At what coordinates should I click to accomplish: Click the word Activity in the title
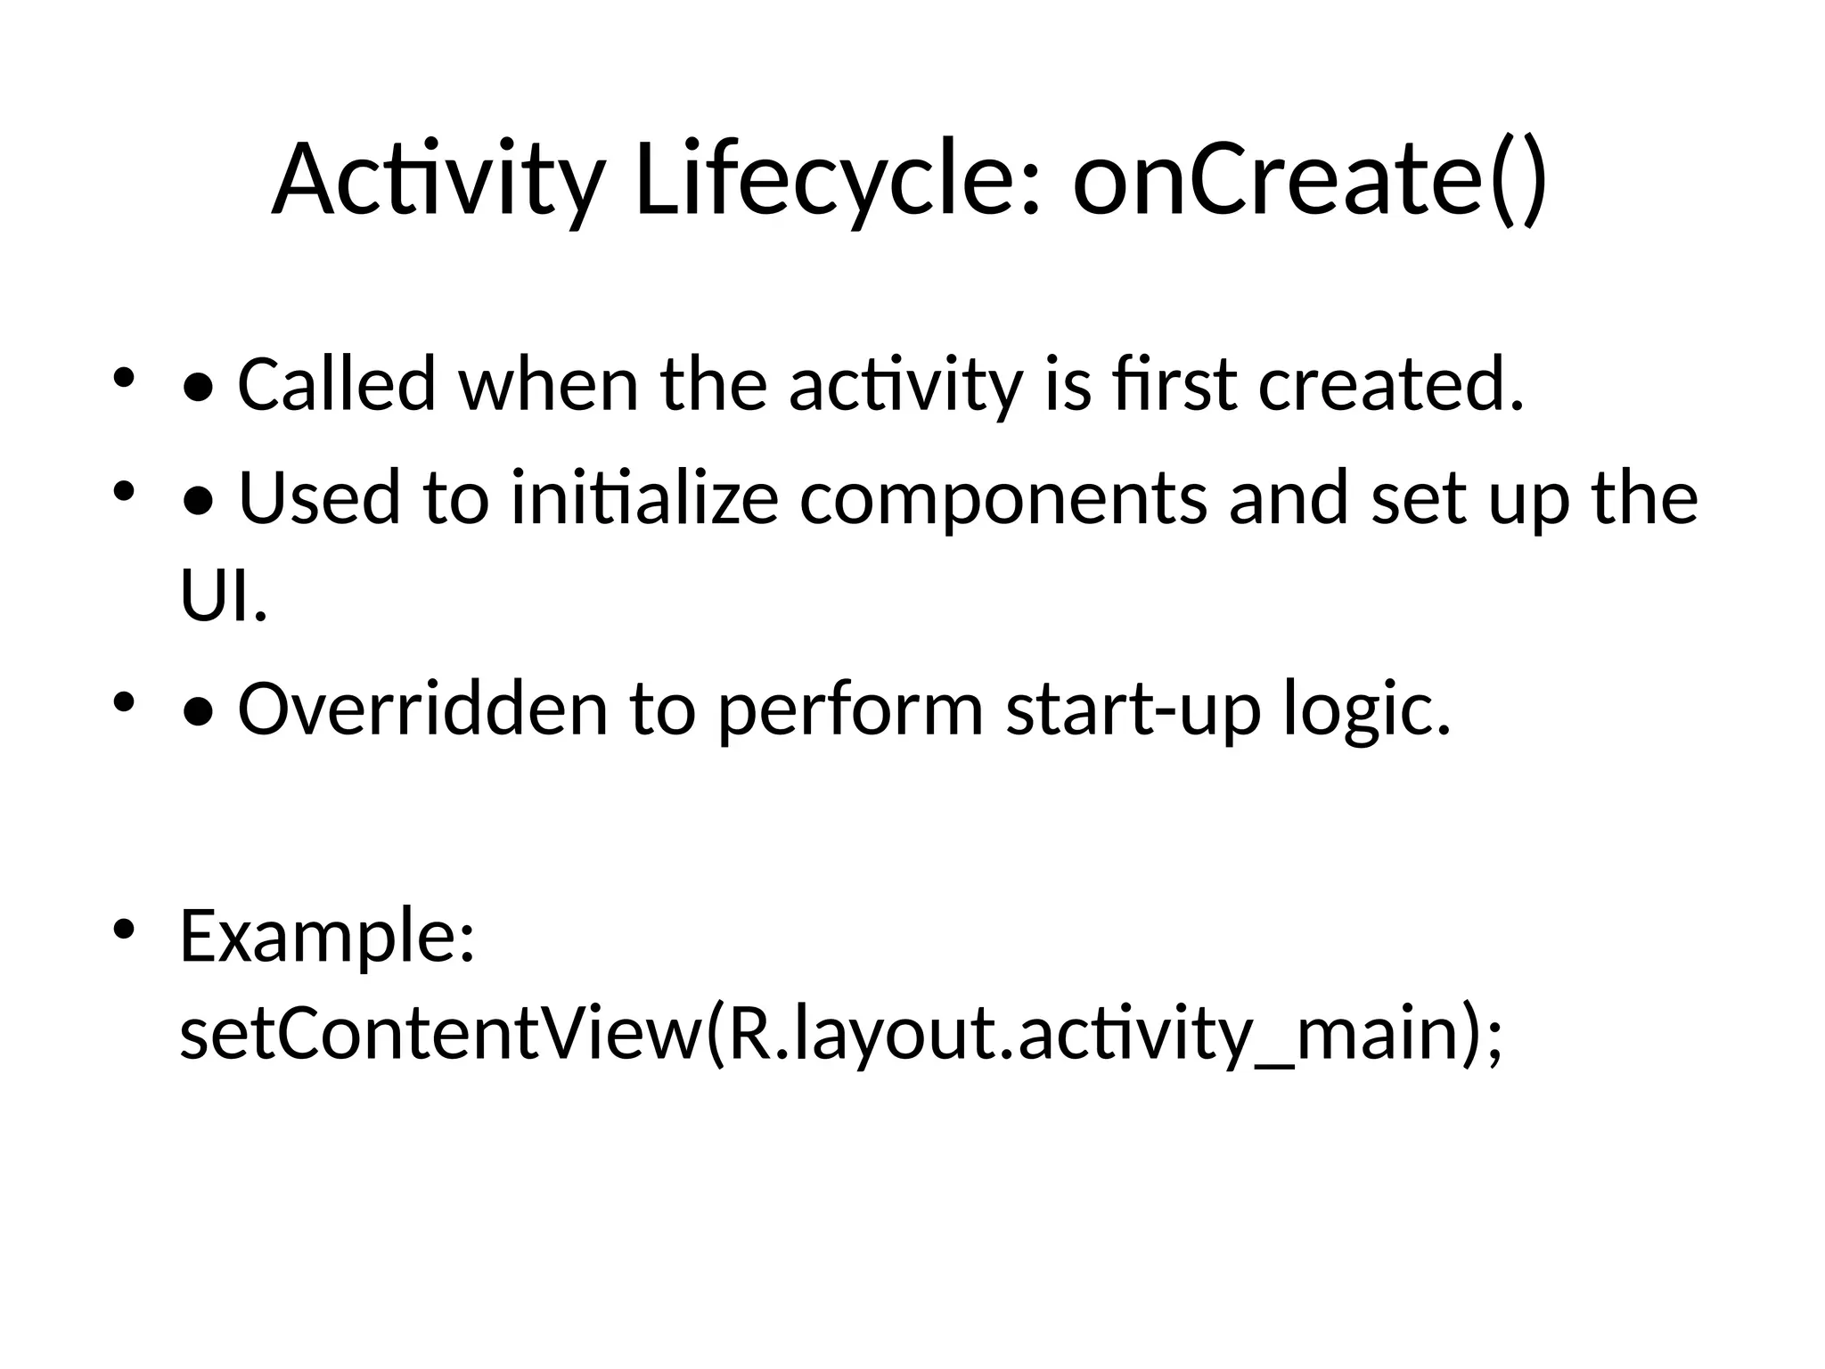click(x=438, y=181)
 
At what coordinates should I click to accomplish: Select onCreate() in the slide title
click(x=1310, y=181)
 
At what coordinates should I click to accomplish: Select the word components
click(x=1003, y=499)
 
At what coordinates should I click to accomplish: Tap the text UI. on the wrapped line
click(x=223, y=597)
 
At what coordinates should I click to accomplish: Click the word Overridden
click(x=422, y=710)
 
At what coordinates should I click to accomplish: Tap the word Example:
click(x=327, y=938)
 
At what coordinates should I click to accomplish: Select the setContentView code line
click(x=841, y=1036)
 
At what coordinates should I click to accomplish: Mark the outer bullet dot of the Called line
click(x=123, y=378)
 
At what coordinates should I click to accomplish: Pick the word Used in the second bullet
click(x=319, y=499)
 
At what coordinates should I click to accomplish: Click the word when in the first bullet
click(x=548, y=386)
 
